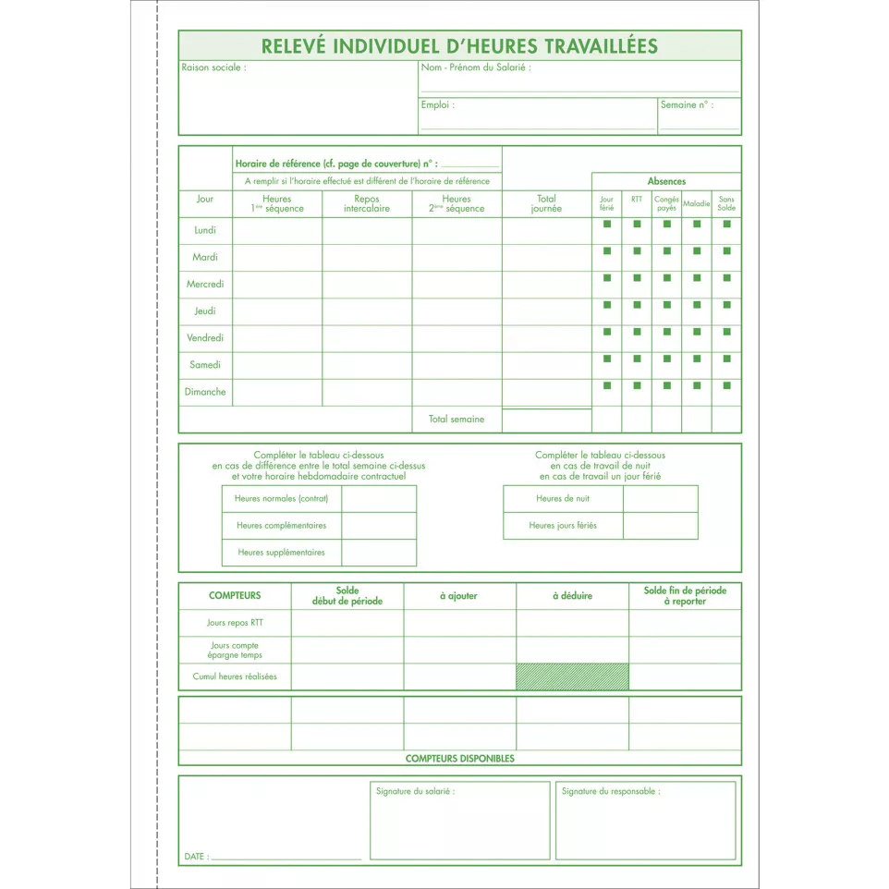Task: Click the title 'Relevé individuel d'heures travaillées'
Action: [x=459, y=45]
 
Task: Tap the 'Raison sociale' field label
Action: [x=213, y=68]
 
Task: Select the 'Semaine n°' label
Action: [x=686, y=105]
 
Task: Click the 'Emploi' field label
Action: [x=437, y=105]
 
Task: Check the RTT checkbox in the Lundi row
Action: [x=637, y=224]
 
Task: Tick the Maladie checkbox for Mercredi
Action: [x=696, y=277]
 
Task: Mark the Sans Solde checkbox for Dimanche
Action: [x=726, y=385]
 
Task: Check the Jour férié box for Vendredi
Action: [x=607, y=331]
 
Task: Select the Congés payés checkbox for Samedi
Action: [x=666, y=358]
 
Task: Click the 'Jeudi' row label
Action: [x=205, y=311]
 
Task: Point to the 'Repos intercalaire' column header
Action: [x=367, y=203]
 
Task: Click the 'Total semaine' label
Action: [x=456, y=420]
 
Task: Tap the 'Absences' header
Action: [x=666, y=181]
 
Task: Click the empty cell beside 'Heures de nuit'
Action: [x=660, y=499]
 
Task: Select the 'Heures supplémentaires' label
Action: [x=281, y=553]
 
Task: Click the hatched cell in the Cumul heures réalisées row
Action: [x=572, y=676]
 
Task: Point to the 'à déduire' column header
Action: [x=572, y=596]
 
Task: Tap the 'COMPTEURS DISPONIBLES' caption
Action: [x=459, y=759]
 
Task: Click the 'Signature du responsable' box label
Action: [x=610, y=791]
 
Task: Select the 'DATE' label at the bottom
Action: [x=194, y=857]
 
